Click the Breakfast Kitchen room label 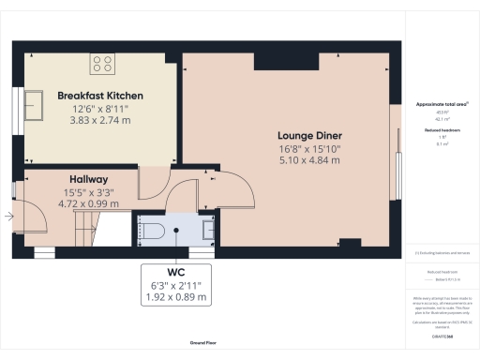[99, 96]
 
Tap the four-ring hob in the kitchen [101, 64]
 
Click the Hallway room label [89, 179]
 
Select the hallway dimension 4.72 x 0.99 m [89, 202]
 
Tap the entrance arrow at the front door [8, 217]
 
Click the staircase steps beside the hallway [85, 223]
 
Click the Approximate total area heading [437, 103]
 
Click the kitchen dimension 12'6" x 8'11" [99, 109]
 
